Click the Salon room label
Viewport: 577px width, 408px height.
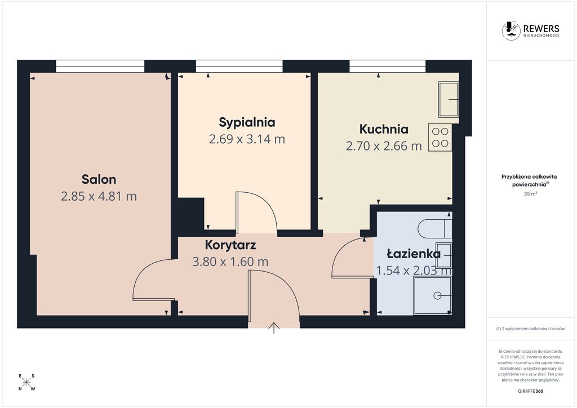tap(99, 179)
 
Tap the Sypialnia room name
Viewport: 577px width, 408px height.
tap(247, 122)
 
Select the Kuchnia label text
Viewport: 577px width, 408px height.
tap(384, 129)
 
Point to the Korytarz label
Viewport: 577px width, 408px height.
tap(230, 245)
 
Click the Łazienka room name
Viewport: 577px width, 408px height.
tap(414, 254)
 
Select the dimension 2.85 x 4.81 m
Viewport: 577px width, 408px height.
tap(99, 196)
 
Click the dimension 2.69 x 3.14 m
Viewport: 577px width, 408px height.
tap(247, 139)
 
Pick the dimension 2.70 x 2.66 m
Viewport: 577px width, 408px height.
tap(384, 146)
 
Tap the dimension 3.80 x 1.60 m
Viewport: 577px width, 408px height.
tap(230, 261)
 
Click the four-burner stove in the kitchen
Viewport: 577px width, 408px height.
tap(440, 138)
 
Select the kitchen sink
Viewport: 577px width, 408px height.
tap(448, 99)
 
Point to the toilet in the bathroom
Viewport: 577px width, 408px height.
tap(434, 229)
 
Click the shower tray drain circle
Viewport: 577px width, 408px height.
tap(437, 295)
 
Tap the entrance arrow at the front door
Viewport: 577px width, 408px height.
tap(274, 327)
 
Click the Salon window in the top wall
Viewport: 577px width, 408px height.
tap(100, 66)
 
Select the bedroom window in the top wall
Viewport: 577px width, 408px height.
tap(239, 66)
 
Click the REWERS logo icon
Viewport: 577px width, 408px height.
tap(511, 30)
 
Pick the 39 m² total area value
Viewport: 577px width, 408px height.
tap(530, 194)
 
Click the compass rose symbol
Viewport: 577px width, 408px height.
tap(26, 382)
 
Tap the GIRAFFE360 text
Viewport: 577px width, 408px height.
tap(530, 391)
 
